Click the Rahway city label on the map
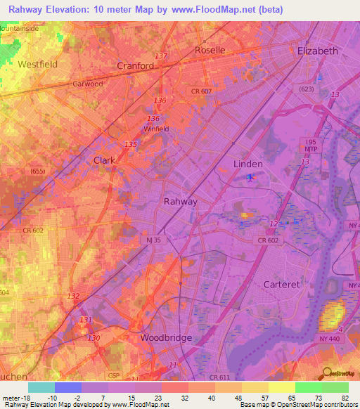pos(180,201)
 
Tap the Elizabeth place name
pos(318,51)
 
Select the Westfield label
pos(37,63)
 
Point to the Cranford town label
pos(135,65)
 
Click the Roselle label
pos(210,50)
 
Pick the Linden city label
pos(247,164)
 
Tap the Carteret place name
pos(281,284)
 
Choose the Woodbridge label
pos(166,337)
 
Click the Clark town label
pos(104,160)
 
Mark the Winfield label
pos(156,129)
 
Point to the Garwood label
pos(88,84)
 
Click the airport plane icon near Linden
pos(251,177)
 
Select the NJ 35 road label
pos(155,240)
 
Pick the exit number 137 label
pos(161,56)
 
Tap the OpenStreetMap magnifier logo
pos(326,374)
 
